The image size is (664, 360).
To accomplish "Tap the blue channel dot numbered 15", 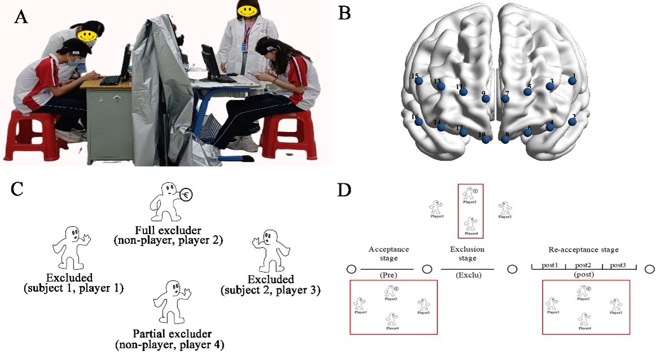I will click(418, 82).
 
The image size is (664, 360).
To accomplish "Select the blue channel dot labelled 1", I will click(572, 81).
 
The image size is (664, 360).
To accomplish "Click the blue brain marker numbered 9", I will click(486, 99).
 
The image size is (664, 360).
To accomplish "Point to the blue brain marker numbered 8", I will click(505, 139).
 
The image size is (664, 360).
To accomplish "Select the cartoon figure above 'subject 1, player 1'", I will click(71, 248).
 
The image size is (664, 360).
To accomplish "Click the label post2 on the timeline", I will click(583, 265).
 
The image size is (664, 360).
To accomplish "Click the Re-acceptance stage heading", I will click(584, 249).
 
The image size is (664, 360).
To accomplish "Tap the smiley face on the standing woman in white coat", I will click(247, 8).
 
